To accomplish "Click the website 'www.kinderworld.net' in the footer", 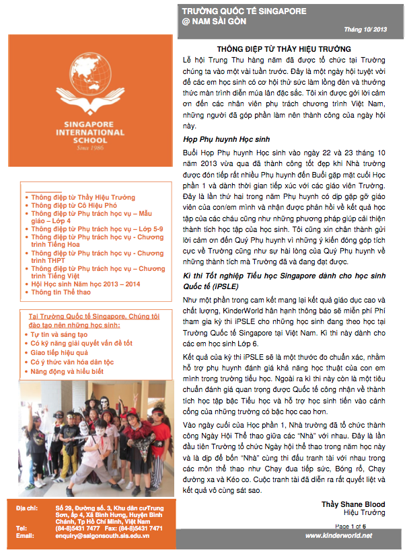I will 338,535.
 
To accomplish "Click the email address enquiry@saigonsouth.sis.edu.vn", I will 102,536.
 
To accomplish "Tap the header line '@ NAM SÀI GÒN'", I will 215,22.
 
